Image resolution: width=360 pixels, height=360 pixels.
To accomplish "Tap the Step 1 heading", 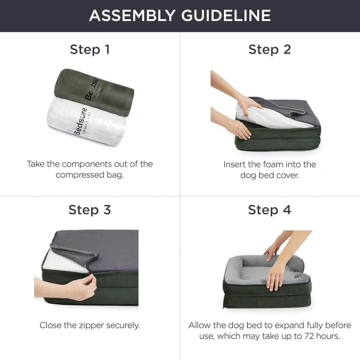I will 90,50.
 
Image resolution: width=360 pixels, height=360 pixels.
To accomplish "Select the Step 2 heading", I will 269,50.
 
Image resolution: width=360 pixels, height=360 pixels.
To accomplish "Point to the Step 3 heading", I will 90,209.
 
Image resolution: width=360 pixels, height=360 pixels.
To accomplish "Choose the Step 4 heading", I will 269,209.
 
